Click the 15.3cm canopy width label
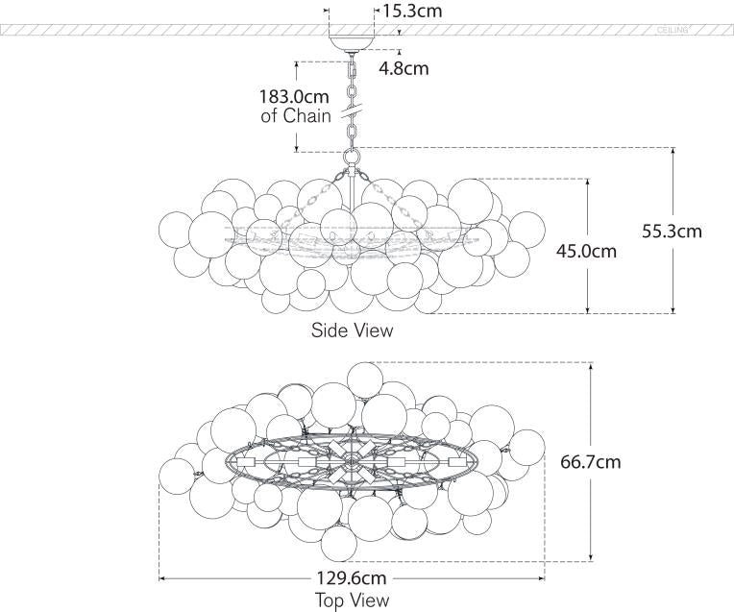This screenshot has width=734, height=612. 414,12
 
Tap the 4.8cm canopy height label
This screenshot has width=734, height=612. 403,68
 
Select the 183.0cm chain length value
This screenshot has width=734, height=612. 295,97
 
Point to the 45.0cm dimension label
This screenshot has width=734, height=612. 585,252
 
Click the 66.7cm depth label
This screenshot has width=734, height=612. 590,461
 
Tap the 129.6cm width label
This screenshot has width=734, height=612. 352,578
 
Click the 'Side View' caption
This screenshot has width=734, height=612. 352,330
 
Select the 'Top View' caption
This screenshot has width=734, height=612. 352,600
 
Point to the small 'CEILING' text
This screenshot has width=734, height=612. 673,31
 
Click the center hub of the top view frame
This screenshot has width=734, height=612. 352,462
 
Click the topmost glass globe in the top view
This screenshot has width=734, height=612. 365,378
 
